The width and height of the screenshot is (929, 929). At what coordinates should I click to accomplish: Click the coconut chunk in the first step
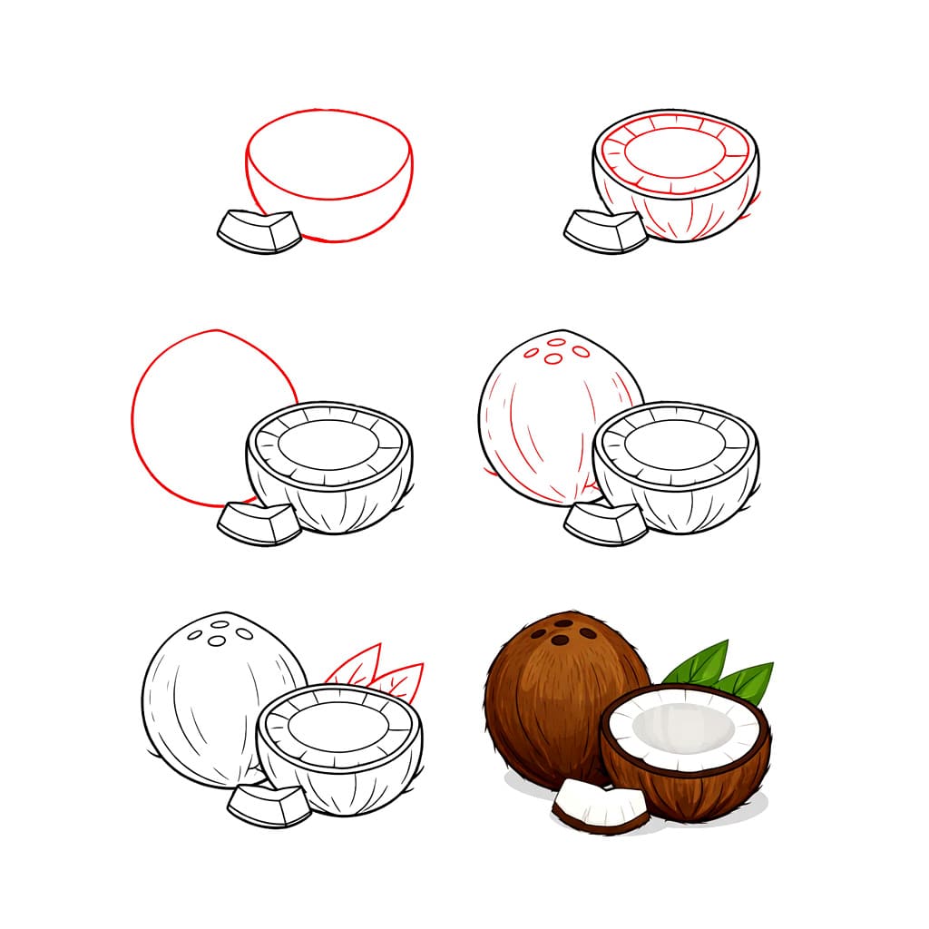coord(259,232)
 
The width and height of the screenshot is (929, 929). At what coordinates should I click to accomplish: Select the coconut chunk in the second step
coord(605,232)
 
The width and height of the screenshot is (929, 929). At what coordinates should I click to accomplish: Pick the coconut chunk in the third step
coord(259,524)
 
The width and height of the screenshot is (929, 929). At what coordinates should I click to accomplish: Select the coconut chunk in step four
coord(605,524)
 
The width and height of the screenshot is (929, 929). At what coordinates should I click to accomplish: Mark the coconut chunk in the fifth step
coord(269,805)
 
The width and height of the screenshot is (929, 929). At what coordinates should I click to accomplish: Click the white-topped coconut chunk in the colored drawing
coord(599,805)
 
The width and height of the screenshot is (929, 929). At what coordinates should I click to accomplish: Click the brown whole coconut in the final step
coord(544,708)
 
